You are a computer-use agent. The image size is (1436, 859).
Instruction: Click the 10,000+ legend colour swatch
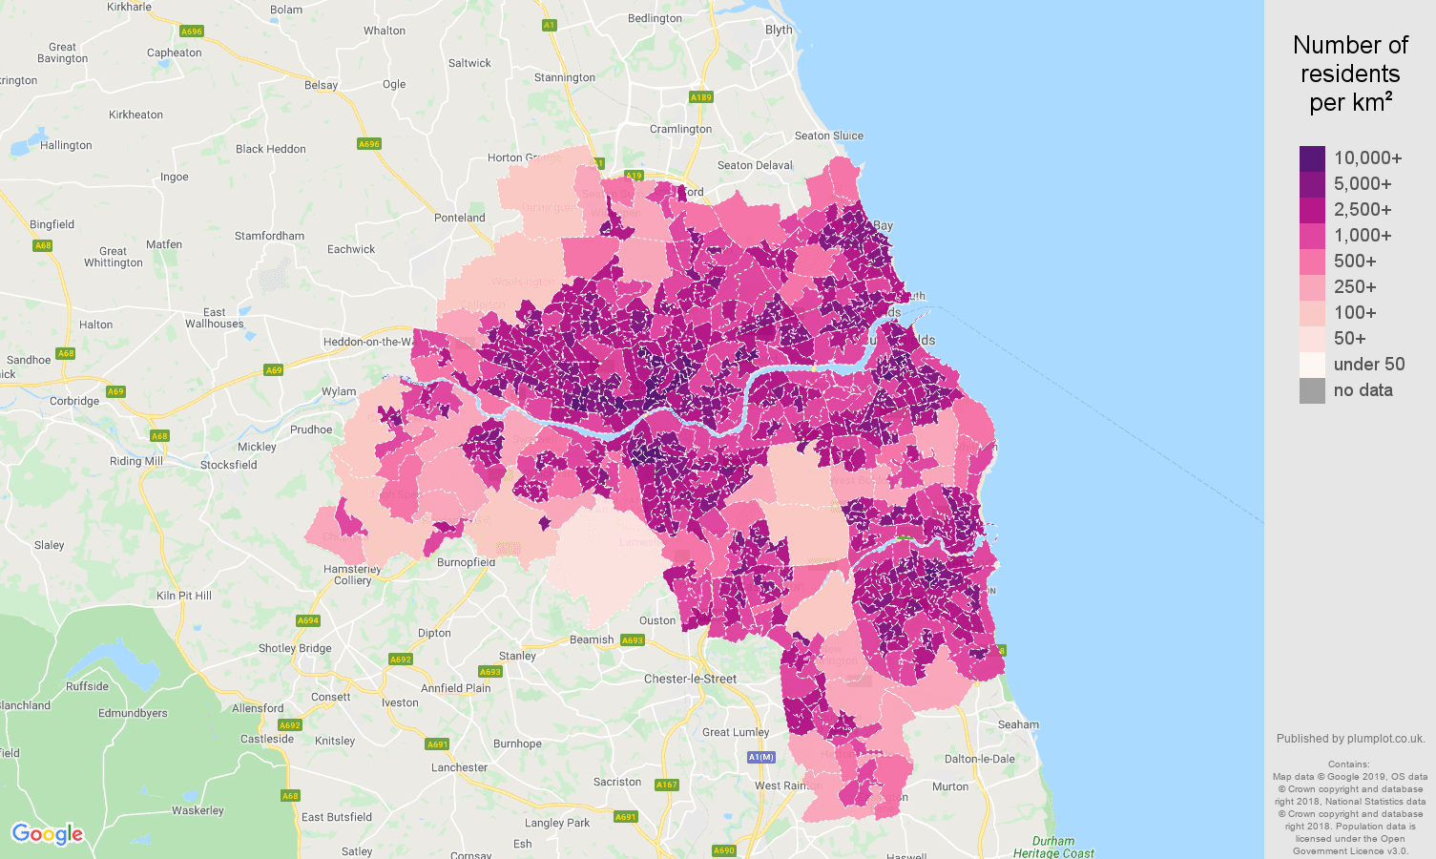click(1312, 158)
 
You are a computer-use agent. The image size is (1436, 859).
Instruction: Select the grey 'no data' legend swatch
click(1312, 390)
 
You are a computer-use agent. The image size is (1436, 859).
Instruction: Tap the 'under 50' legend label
click(1369, 365)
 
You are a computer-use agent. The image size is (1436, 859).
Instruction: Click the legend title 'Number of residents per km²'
click(1350, 73)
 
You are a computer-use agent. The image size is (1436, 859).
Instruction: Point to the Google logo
click(48, 834)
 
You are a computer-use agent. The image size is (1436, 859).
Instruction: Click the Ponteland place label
click(460, 218)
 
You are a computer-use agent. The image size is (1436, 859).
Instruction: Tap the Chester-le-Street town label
click(690, 680)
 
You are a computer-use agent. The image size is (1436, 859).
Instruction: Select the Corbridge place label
click(74, 401)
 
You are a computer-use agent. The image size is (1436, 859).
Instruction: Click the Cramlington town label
click(680, 130)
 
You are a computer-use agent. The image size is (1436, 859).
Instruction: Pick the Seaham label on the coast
click(1018, 724)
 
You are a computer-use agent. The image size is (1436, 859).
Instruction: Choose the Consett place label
click(330, 697)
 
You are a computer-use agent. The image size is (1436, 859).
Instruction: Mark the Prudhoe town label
click(311, 429)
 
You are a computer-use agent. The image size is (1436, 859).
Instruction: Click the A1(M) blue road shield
click(760, 757)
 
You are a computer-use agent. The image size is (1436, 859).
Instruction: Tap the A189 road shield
click(700, 97)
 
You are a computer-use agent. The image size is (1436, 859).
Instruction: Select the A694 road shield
click(307, 620)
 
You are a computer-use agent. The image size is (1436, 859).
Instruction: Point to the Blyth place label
click(779, 30)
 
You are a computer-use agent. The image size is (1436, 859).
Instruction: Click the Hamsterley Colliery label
click(352, 575)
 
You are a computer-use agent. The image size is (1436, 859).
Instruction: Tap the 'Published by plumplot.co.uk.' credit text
click(1350, 739)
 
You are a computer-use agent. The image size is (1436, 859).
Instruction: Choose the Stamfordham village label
click(269, 236)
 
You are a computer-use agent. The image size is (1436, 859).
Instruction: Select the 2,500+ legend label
click(1363, 210)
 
